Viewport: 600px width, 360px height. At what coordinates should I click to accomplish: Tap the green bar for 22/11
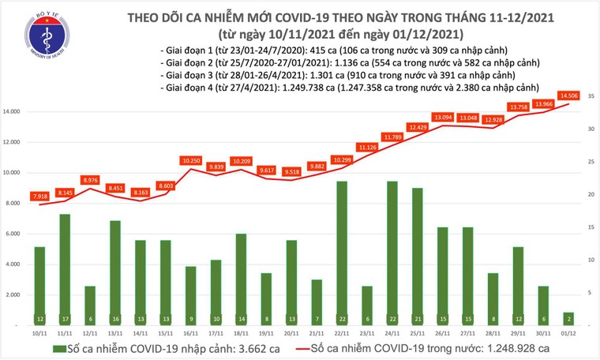(x=342, y=253)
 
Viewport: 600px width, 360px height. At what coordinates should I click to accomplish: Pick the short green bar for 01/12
(x=568, y=318)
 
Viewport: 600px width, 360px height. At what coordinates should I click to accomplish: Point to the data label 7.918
(x=39, y=196)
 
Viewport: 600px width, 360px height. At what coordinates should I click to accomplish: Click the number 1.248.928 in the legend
(x=508, y=347)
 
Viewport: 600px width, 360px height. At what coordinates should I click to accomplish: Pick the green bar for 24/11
(x=392, y=253)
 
